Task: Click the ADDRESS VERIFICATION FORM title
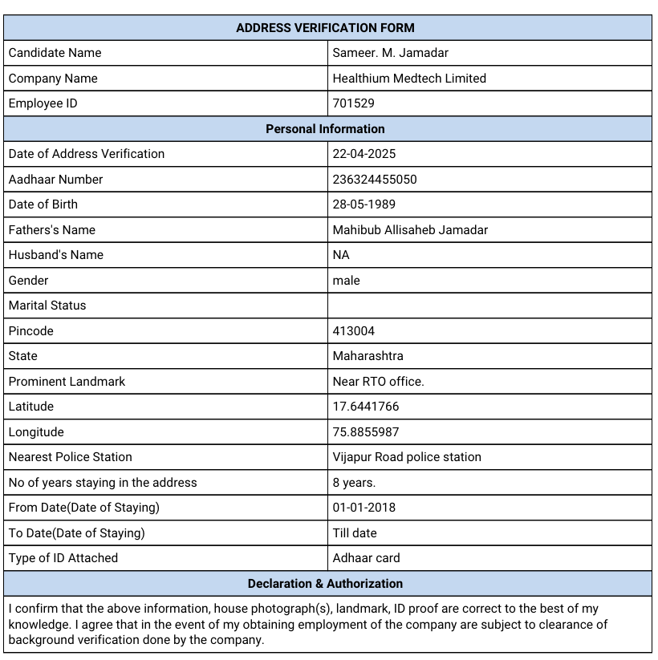325,27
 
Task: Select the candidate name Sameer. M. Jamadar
390,53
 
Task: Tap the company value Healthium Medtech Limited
409,79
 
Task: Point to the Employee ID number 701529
353,103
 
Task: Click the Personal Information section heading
325,128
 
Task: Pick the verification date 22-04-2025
364,154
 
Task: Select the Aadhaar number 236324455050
375,180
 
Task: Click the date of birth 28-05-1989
364,204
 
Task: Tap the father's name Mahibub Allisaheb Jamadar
410,230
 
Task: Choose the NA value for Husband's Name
341,255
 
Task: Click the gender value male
346,281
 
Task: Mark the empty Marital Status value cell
489,306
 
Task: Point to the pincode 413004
353,331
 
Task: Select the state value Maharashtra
368,356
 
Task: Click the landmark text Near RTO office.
378,382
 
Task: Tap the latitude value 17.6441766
365,407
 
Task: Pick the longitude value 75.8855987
365,432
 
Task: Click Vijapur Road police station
407,457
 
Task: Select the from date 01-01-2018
364,508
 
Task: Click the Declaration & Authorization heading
325,584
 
